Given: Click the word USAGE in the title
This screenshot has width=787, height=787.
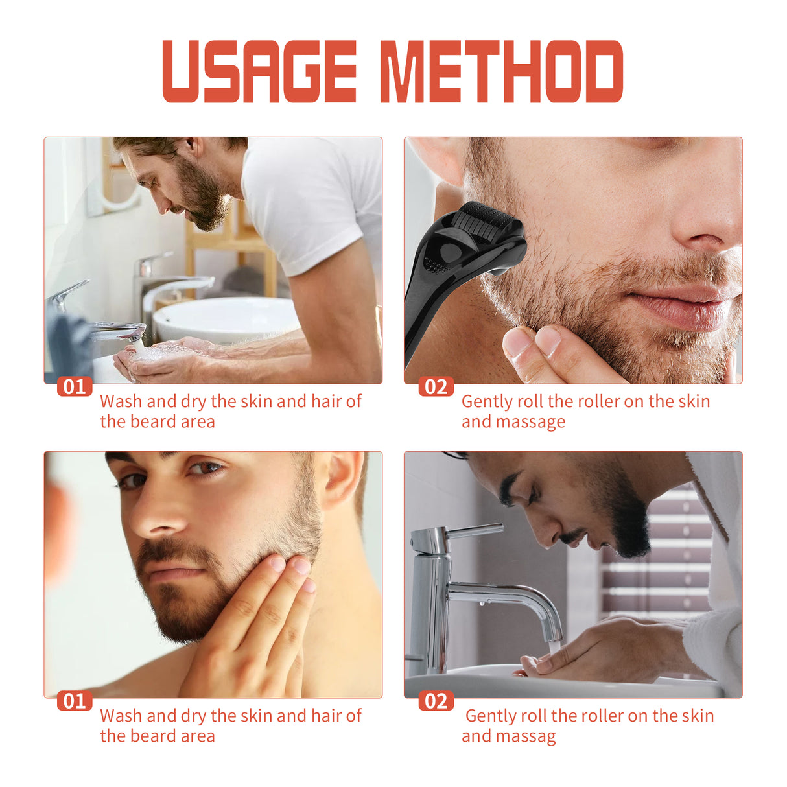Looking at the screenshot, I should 259,71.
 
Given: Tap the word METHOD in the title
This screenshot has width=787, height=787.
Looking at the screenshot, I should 500,71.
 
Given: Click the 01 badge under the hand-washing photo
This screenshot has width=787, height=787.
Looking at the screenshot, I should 75,387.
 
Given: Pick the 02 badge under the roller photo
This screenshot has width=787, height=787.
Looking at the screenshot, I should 436,387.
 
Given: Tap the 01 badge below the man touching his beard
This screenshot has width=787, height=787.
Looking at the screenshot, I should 75,701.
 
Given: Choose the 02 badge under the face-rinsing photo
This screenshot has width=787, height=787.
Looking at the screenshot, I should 436,701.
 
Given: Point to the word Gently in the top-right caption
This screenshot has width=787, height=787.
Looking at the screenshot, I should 487,402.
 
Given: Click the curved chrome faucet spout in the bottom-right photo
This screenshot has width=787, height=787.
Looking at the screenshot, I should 519,596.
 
